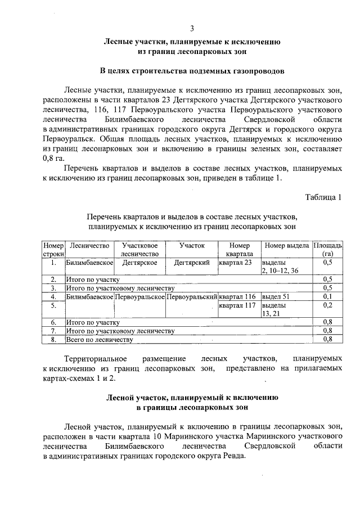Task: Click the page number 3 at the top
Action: coord(192,29)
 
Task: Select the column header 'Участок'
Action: coord(192,246)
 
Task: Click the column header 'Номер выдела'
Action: coord(286,246)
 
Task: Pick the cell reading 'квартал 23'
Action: coord(236,263)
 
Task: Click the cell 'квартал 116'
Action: coord(238,296)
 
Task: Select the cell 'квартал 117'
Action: coord(238,305)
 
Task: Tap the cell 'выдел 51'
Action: coord(276,296)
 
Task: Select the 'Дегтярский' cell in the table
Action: coord(191,263)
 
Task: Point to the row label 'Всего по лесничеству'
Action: coord(99,339)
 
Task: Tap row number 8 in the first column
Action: coord(53,339)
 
